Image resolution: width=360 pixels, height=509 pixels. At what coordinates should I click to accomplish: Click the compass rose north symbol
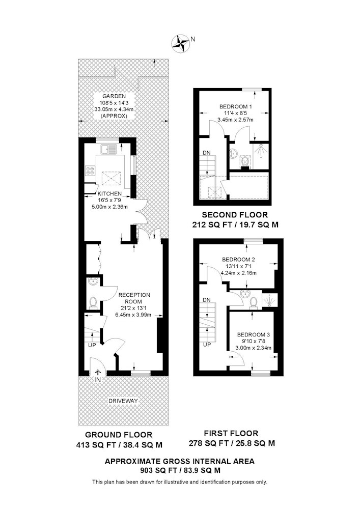180,44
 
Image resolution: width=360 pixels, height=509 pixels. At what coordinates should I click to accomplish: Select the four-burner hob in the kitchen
90,171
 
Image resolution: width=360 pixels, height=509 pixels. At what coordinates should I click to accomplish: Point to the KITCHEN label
109,193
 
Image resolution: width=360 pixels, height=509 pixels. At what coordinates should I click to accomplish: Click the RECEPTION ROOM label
134,298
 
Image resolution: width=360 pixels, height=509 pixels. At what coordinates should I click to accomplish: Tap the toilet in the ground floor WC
93,302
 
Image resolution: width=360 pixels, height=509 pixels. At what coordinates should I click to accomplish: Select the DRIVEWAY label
123,401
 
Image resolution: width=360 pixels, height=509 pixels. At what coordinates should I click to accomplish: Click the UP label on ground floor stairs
92,345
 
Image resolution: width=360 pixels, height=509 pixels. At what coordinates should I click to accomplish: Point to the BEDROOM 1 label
236,106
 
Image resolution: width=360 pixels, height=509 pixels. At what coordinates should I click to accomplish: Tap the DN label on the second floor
206,153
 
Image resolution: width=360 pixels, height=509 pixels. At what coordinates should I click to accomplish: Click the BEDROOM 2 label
238,260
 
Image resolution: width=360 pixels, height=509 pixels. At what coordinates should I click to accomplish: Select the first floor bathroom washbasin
246,294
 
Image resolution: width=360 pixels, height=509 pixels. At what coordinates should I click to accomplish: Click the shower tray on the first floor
270,300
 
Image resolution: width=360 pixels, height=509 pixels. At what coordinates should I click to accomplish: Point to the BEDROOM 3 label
254,335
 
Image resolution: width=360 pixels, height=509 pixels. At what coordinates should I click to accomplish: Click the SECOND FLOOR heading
235,215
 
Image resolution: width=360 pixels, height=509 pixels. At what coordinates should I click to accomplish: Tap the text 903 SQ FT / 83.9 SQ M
180,470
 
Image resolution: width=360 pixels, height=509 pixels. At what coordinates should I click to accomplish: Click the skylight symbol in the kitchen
112,178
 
